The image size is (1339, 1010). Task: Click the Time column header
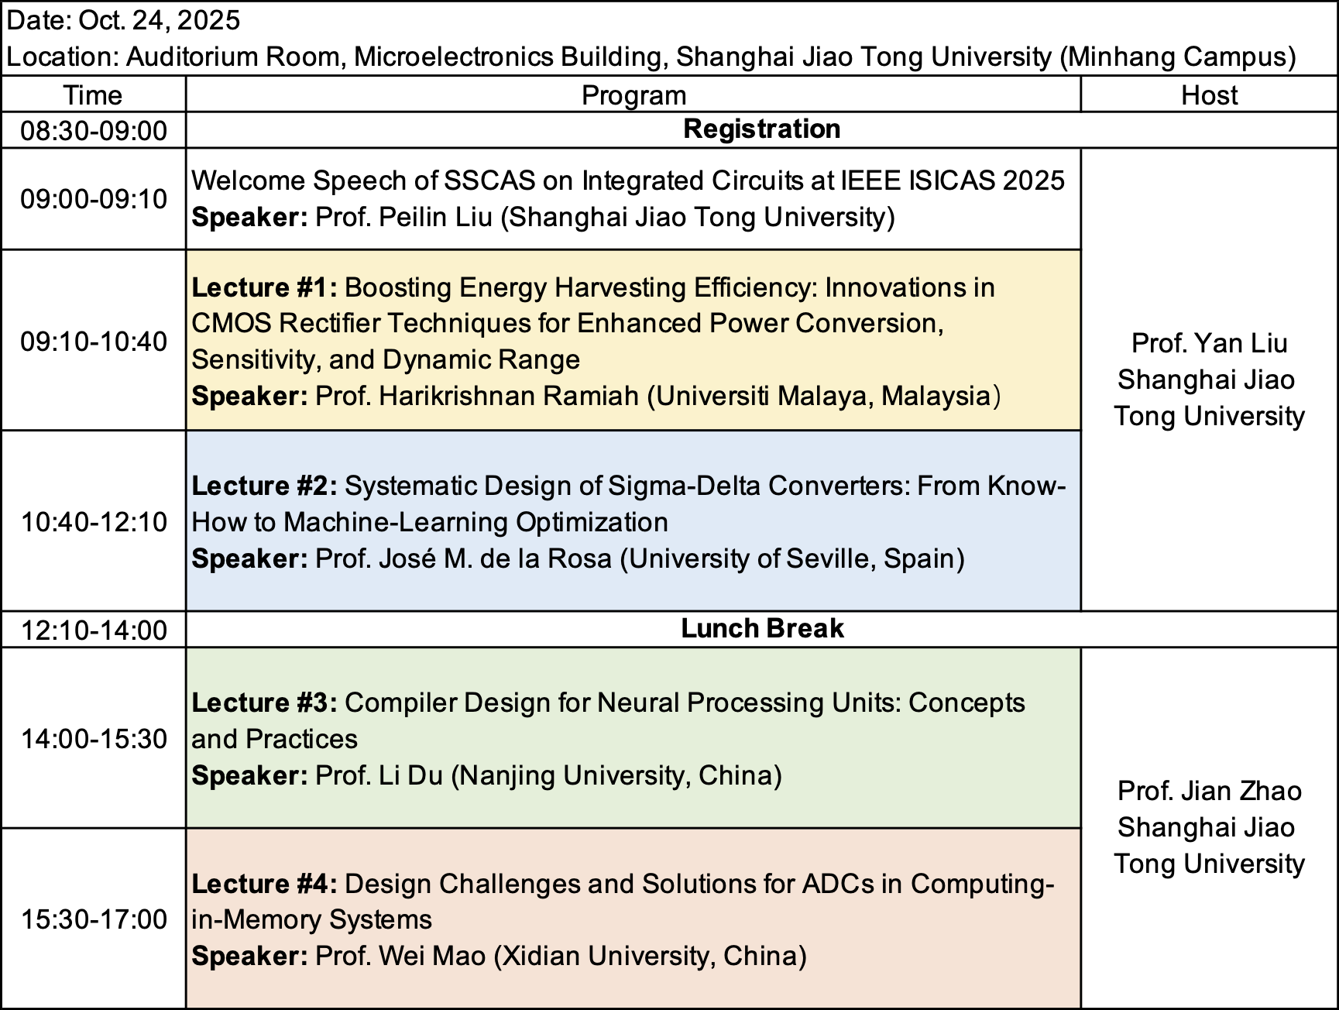[x=93, y=95]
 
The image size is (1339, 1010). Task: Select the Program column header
[x=633, y=95]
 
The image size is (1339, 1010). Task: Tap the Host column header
[x=1209, y=95]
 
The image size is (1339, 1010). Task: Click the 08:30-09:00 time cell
[x=94, y=130]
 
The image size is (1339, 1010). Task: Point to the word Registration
[x=762, y=129]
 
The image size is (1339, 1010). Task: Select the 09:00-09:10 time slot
[x=94, y=199]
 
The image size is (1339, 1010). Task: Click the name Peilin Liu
[x=435, y=217]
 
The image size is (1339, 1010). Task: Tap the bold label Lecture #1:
[x=265, y=287]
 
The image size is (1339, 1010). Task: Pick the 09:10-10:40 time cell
[x=94, y=341]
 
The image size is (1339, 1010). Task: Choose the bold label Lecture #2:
[x=265, y=486]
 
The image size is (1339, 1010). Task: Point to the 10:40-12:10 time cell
[x=94, y=522]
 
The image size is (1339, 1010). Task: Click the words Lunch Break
[x=762, y=628]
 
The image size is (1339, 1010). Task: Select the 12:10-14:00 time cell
[x=94, y=630]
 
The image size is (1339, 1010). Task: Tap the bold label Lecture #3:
[x=265, y=703]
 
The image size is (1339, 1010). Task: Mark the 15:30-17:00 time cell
[x=94, y=919]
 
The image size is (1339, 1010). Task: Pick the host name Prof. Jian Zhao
[x=1210, y=791]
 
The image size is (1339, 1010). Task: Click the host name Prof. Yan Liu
[x=1210, y=343]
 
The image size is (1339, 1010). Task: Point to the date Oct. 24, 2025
[x=160, y=20]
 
